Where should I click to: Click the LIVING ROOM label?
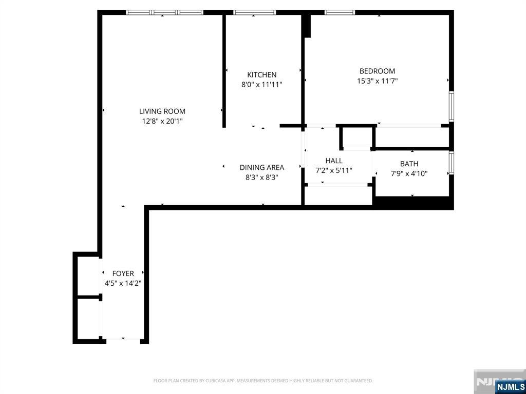(162, 111)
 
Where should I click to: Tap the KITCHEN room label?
(261, 75)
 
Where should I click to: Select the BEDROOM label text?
(377, 71)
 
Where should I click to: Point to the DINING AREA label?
(261, 167)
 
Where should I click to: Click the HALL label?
(333, 161)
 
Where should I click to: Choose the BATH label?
(409, 164)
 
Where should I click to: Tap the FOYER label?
(123, 273)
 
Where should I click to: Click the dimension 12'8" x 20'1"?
(162, 122)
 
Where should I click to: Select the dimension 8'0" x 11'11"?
(261, 85)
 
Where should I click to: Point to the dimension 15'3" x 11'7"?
(377, 81)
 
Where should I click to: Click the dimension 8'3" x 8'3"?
(261, 178)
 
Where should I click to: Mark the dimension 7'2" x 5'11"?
(333, 170)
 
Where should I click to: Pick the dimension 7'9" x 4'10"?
(409, 173)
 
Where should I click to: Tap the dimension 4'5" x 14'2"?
(123, 283)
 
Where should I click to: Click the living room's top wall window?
(164, 12)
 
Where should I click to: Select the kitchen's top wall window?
(254, 12)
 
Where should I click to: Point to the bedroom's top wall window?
(340, 12)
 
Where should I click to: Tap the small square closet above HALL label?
(357, 137)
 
